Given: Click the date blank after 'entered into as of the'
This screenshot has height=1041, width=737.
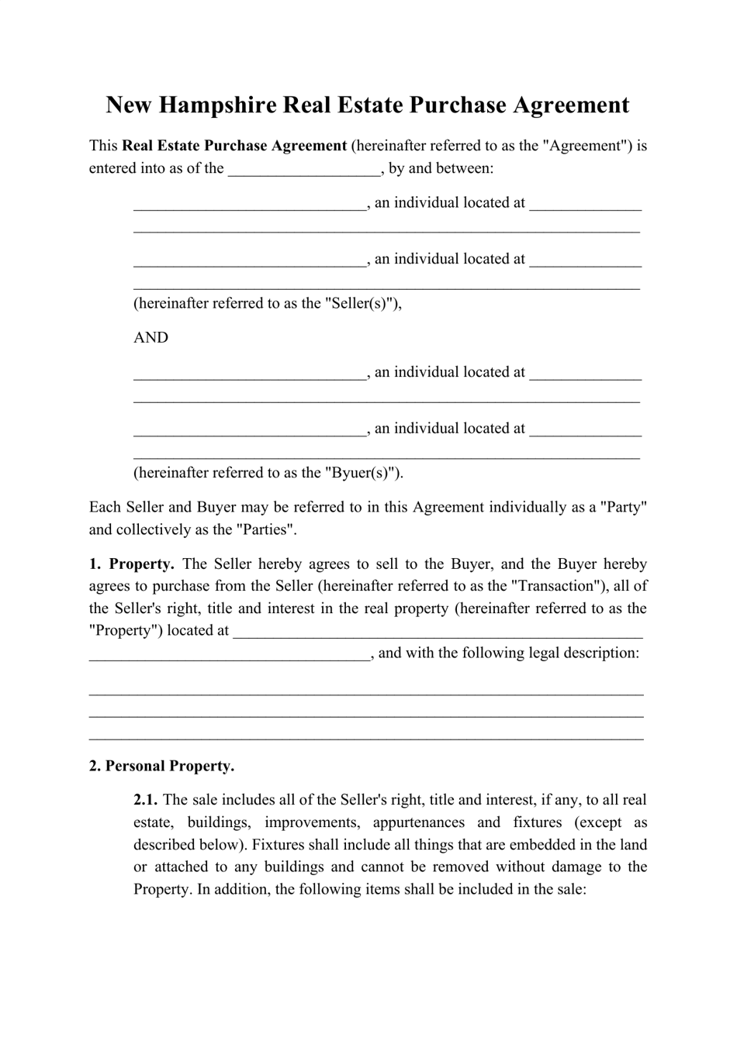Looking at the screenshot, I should click(x=304, y=169).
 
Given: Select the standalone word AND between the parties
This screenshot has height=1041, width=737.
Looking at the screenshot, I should click(x=151, y=337).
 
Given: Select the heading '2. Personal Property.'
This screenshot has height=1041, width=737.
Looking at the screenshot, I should click(x=161, y=766).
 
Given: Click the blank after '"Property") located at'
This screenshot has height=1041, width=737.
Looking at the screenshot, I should click(x=438, y=631).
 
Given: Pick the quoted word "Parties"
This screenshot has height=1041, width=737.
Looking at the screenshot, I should click(x=266, y=529).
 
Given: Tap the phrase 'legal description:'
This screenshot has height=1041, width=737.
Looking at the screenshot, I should click(x=584, y=653).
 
